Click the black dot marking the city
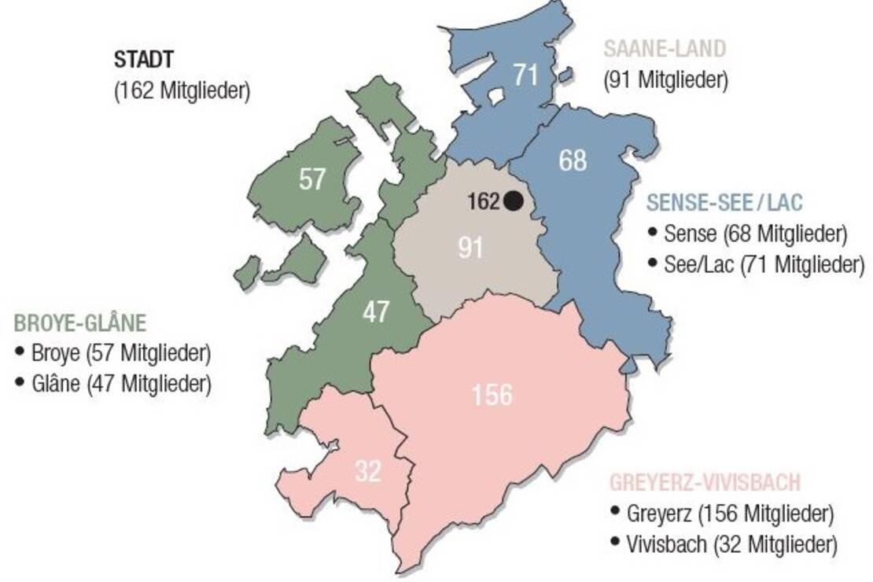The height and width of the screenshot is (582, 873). tap(514, 201)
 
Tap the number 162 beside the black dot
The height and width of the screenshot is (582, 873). tap(484, 202)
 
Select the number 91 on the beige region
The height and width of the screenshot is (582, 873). tap(470, 248)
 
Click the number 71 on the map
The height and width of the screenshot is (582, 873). tap(525, 76)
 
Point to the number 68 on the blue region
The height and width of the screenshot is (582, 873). tap(573, 160)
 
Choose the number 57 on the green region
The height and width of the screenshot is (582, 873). tap(312, 180)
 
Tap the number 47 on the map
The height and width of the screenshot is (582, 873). tap(376, 312)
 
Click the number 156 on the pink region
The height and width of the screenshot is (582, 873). tap(492, 395)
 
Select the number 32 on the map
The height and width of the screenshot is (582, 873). tap(367, 472)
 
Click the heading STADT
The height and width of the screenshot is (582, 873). tap(144, 60)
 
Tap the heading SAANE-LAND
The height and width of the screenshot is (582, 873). tap(665, 49)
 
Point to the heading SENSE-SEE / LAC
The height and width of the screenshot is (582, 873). tap(724, 203)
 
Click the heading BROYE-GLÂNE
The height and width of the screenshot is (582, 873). tap(80, 323)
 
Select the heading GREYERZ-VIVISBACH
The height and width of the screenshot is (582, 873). tap(705, 482)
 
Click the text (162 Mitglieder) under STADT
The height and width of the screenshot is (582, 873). tap(182, 90)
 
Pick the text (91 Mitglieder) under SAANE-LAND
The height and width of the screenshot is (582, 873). tap(666, 79)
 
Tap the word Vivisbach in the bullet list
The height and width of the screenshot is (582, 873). tap(667, 544)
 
